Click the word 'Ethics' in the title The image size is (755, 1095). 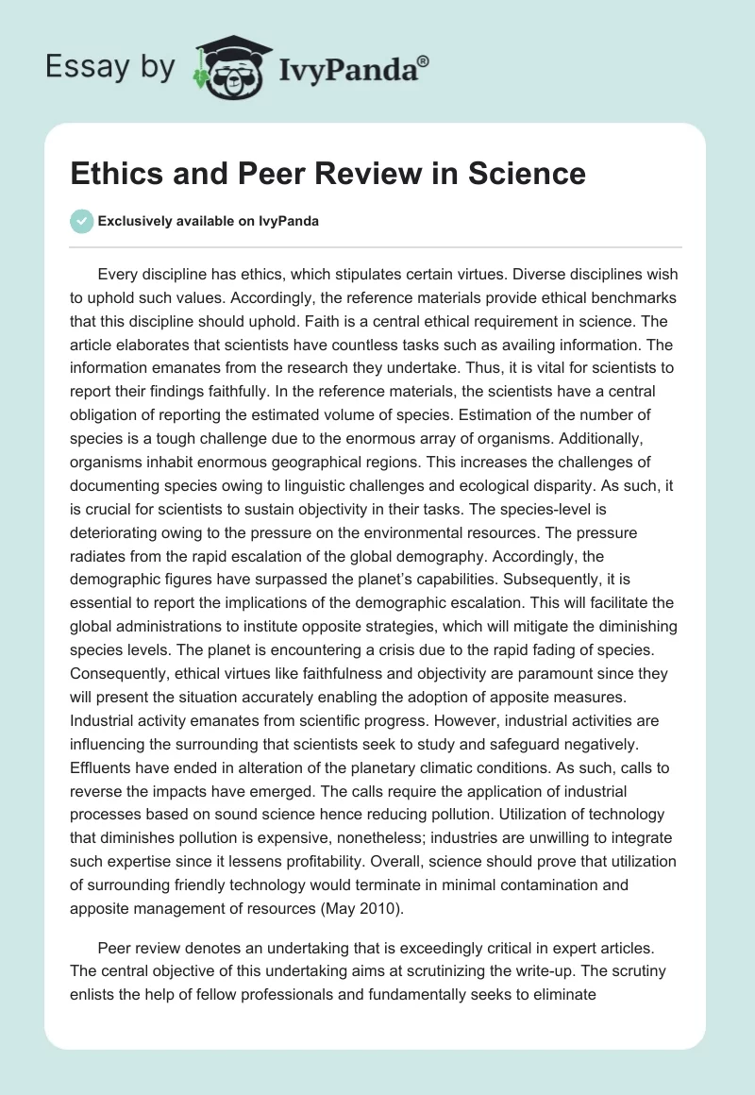117,175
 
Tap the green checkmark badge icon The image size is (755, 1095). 83,221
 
